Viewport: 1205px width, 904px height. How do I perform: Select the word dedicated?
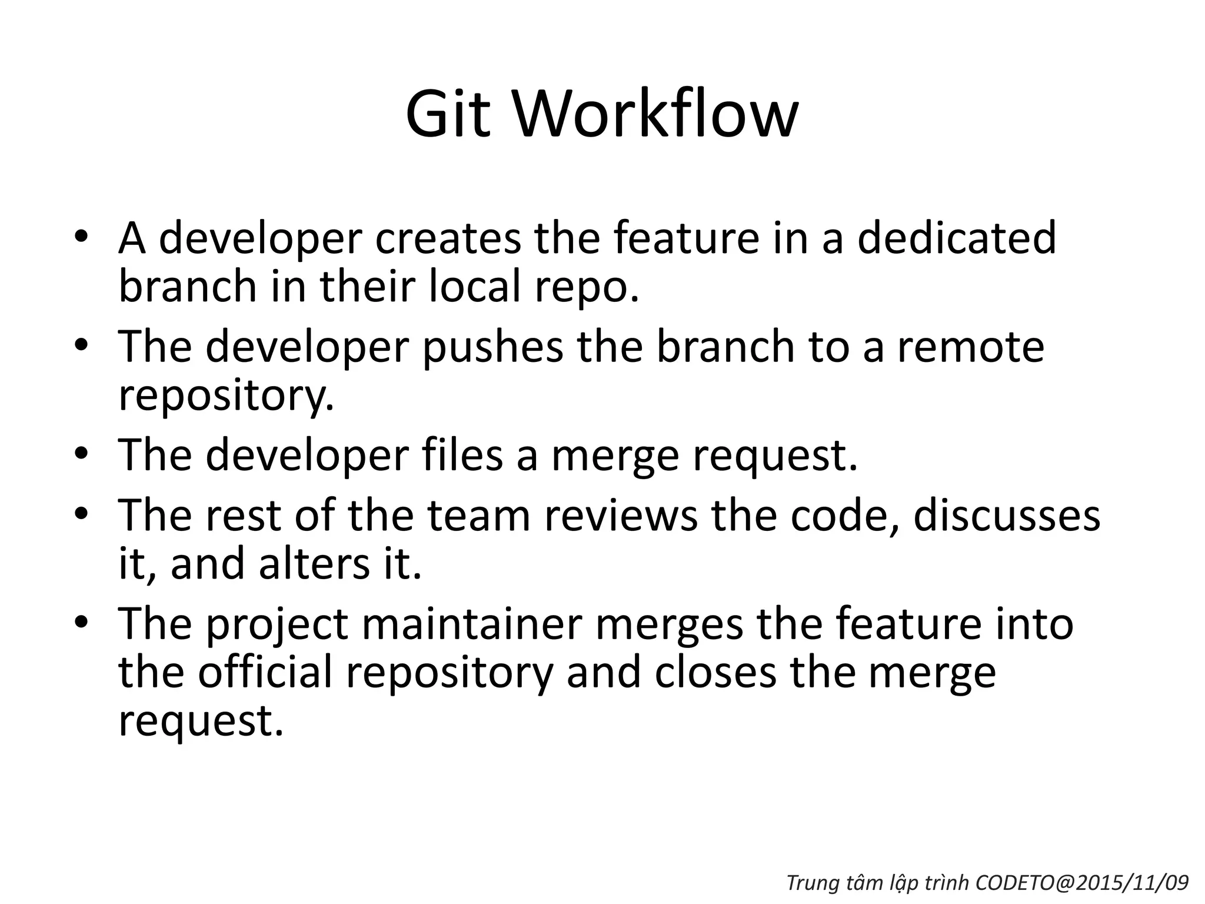point(957,238)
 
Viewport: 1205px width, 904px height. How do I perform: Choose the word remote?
point(970,347)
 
